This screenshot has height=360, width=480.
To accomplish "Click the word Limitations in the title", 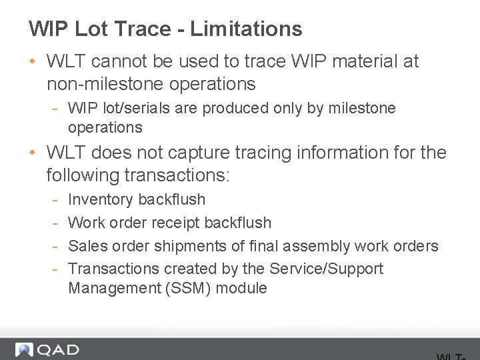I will [246, 29].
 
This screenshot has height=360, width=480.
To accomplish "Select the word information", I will [352, 153].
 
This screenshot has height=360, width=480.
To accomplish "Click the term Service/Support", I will [326, 269].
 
